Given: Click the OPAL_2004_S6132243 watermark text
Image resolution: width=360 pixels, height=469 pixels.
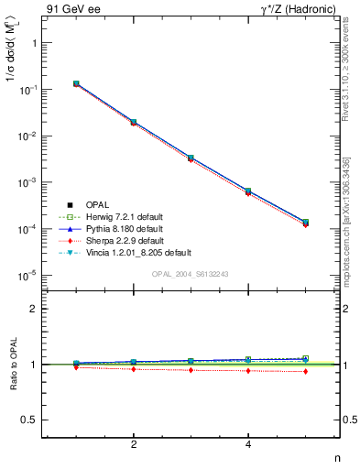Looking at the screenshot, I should (191, 274).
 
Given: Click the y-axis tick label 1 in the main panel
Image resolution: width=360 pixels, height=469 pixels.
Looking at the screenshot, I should (33, 43).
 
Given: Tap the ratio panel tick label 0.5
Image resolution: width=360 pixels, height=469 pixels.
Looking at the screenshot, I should (29, 420).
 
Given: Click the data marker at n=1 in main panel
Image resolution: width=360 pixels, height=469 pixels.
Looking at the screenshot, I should (76, 83).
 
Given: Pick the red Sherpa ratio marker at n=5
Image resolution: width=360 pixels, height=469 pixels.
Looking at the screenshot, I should (305, 371).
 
